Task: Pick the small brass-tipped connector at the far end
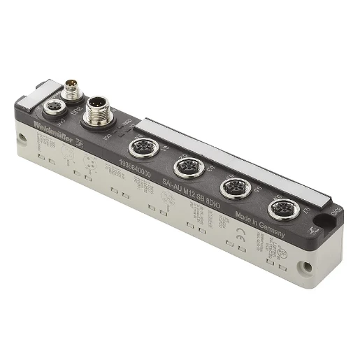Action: pos(71,89)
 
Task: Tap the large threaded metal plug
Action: pos(99,112)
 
